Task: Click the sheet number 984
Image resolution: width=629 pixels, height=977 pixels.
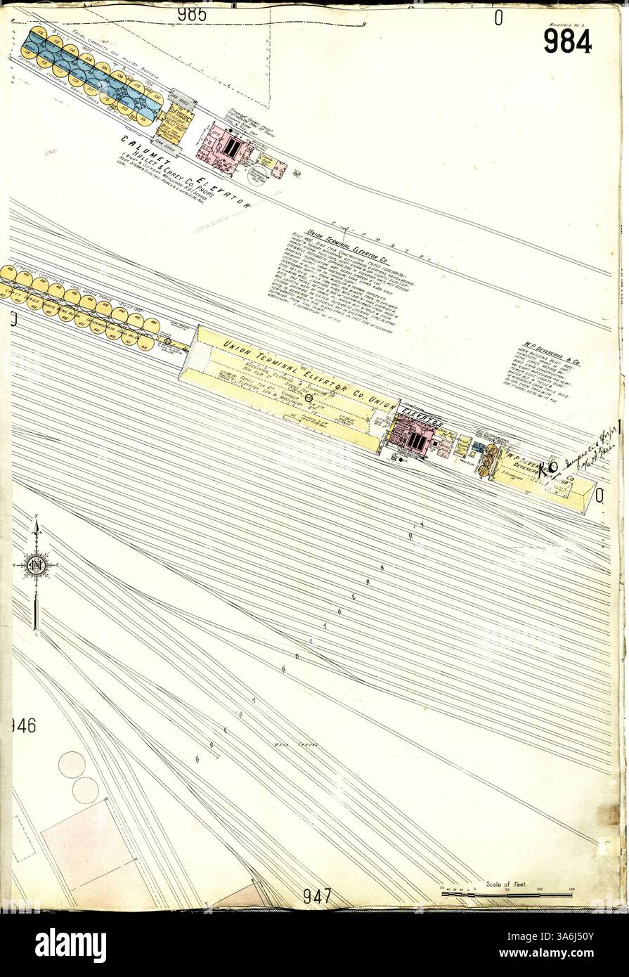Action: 567,40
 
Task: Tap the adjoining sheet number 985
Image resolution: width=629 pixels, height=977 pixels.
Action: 192,13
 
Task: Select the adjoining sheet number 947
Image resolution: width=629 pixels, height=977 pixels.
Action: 318,896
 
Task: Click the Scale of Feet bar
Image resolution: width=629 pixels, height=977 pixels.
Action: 506,894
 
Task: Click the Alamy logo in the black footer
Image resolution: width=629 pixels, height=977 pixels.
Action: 70,945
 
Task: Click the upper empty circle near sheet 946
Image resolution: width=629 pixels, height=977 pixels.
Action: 71,765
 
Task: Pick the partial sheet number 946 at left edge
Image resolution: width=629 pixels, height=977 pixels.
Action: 22,725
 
